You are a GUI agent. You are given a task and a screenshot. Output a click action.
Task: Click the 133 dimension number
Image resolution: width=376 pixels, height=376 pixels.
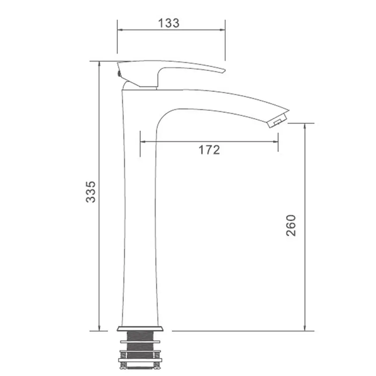coord(169,23)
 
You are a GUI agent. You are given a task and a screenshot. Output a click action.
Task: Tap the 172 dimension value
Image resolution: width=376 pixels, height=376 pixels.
coord(209,150)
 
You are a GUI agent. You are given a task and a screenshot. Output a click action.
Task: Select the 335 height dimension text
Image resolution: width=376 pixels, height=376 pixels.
coord(90,192)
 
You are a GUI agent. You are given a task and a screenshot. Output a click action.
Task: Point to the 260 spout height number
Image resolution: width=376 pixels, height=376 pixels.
coord(291,226)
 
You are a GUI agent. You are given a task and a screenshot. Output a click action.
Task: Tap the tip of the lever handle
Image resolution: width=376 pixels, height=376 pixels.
coord(224,71)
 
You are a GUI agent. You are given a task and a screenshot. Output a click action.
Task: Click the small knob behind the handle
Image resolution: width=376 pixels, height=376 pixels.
coord(119,73)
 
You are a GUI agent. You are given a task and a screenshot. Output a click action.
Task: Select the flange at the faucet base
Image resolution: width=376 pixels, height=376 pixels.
coord(140,328)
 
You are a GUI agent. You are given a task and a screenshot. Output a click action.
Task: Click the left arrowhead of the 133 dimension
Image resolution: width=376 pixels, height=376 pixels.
coord(120,30)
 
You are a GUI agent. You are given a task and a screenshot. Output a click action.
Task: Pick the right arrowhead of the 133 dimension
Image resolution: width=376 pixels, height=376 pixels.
coord(222,30)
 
